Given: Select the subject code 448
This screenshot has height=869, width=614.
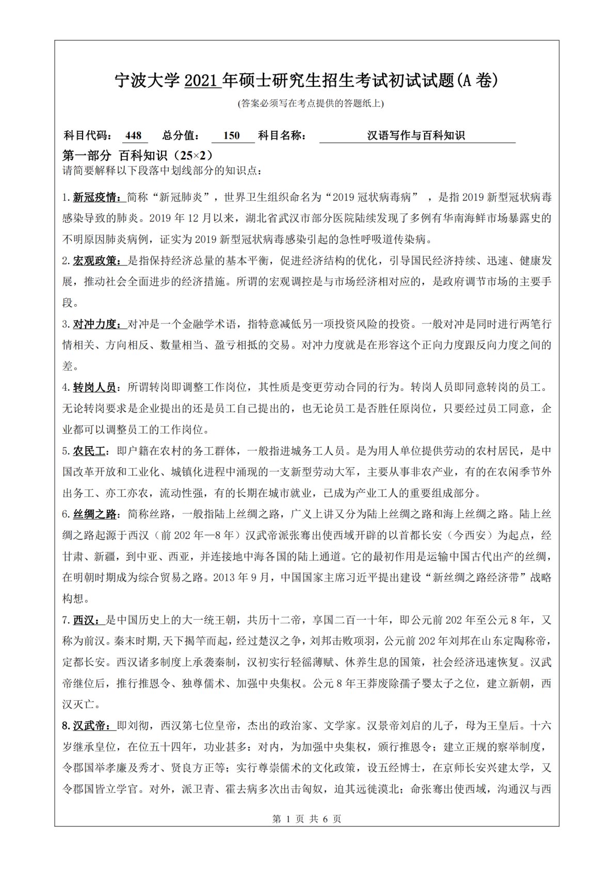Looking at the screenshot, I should click(x=133, y=136).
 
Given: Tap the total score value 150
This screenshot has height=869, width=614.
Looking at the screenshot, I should click(x=232, y=136).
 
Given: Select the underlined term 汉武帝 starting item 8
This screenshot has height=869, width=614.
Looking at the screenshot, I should click(x=90, y=726).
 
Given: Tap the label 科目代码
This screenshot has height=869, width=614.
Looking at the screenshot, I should click(x=86, y=136).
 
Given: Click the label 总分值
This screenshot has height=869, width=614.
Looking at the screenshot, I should click(x=181, y=136).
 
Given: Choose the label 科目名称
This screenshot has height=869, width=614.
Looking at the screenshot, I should click(x=282, y=136).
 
